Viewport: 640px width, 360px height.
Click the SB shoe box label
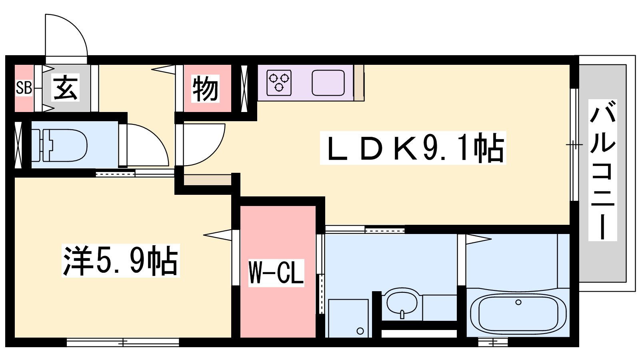(24, 88)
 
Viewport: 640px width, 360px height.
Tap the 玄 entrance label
(66, 88)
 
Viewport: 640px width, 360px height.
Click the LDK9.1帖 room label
(413, 148)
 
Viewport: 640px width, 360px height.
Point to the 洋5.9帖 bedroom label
(120, 260)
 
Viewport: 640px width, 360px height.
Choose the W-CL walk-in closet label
(276, 273)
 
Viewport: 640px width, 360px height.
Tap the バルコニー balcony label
(602, 170)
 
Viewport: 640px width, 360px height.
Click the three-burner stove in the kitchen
(279, 82)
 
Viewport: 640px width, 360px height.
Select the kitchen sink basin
(328, 82)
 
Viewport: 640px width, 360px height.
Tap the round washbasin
(402, 304)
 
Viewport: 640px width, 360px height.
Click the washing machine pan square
(348, 318)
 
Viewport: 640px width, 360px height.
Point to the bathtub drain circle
(518, 302)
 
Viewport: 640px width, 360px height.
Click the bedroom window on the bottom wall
(123, 342)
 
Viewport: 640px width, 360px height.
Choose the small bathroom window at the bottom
(493, 342)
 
